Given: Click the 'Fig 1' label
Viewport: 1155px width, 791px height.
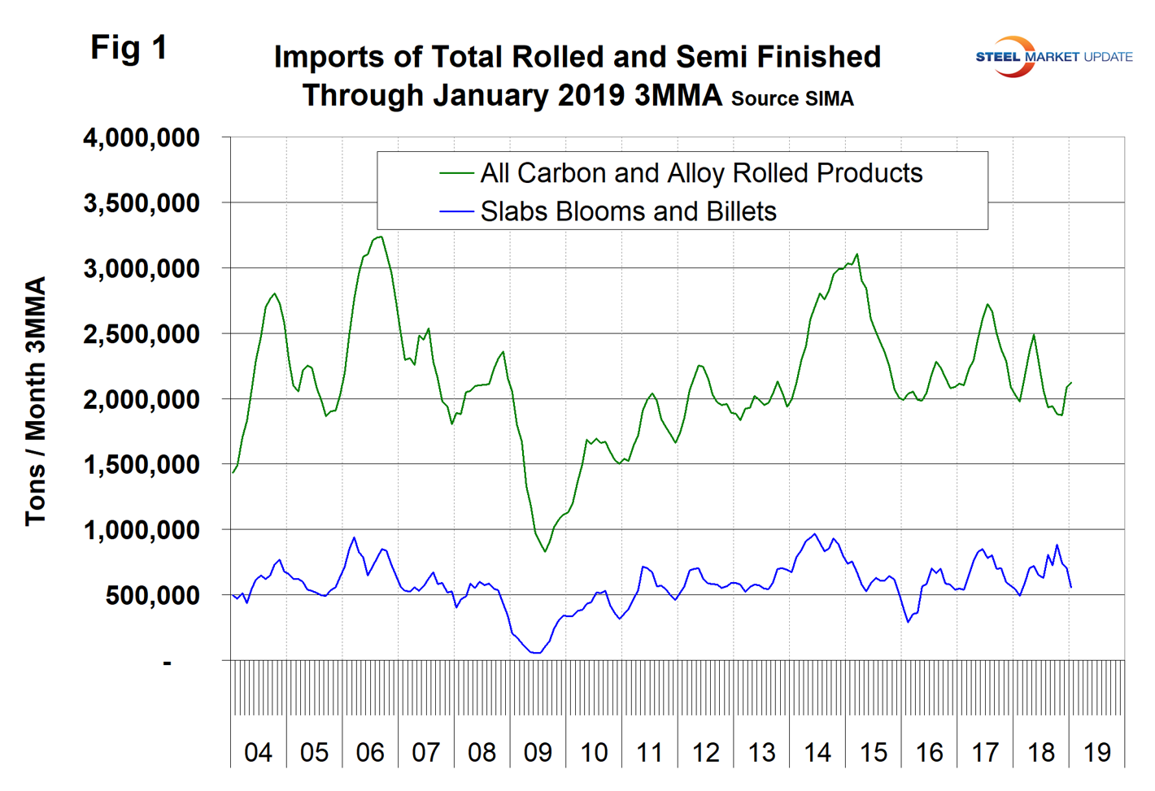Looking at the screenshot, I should tap(129, 48).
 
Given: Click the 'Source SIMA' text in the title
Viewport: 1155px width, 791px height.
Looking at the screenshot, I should tap(792, 99).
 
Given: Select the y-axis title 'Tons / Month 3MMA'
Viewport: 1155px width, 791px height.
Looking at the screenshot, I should tap(36, 402).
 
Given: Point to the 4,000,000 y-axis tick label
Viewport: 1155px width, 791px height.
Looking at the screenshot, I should tap(142, 138).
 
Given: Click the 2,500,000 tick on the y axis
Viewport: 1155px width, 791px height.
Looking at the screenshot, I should tap(142, 334).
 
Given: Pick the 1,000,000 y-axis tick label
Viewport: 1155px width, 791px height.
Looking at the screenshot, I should tap(142, 530).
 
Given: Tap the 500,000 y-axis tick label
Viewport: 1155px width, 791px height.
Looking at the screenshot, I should tap(153, 596).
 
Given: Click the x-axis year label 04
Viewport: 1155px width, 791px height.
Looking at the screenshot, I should tap(258, 752).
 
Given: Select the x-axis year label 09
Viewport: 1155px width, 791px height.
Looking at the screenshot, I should tap(538, 752).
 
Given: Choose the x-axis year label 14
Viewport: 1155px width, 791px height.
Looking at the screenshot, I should tap(817, 752).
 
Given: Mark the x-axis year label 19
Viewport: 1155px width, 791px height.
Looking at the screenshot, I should tap(1097, 752).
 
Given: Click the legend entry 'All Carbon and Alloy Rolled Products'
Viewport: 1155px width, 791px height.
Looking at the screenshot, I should tap(701, 173).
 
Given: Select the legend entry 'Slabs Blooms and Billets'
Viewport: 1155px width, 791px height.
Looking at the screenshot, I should tap(628, 211).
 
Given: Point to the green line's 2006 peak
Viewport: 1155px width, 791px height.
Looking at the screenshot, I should tap(380, 237).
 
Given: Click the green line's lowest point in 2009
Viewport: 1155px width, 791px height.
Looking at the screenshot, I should tap(545, 551).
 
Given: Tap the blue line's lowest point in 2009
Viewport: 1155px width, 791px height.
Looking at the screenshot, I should tap(537, 653).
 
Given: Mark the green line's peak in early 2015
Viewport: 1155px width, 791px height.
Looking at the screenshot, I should tap(857, 254).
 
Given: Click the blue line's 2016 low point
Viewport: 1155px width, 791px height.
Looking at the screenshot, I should tap(908, 623).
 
